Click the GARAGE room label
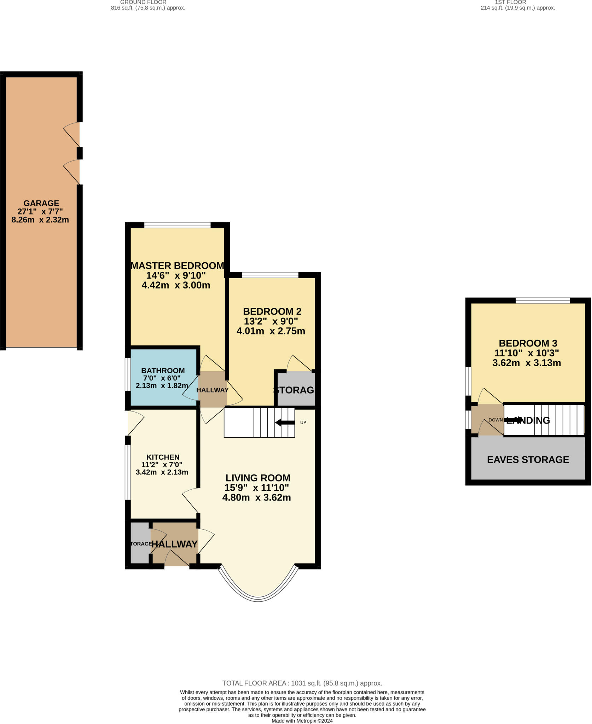(x=41, y=203)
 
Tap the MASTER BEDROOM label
(x=177, y=265)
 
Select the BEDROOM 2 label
(x=272, y=311)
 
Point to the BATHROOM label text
(x=163, y=370)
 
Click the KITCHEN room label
(x=163, y=457)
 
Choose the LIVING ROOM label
(x=258, y=478)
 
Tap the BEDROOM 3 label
(x=528, y=343)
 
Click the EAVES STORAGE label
(x=528, y=460)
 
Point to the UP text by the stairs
(x=303, y=422)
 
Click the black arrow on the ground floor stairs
(x=285, y=422)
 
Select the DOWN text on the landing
(x=495, y=420)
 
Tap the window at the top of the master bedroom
(x=177, y=225)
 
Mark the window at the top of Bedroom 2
(x=270, y=275)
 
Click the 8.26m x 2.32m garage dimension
(x=40, y=220)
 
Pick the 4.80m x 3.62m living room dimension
(x=256, y=498)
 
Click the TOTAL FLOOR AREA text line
(x=302, y=683)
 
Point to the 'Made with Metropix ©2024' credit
(x=302, y=721)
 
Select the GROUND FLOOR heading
(x=143, y=2)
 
